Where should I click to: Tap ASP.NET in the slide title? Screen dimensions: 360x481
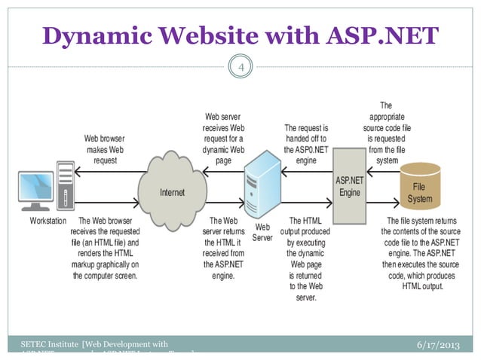coord(381,35)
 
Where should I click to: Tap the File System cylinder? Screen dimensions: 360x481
coord(420,188)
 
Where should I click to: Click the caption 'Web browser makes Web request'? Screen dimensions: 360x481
coord(105,149)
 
